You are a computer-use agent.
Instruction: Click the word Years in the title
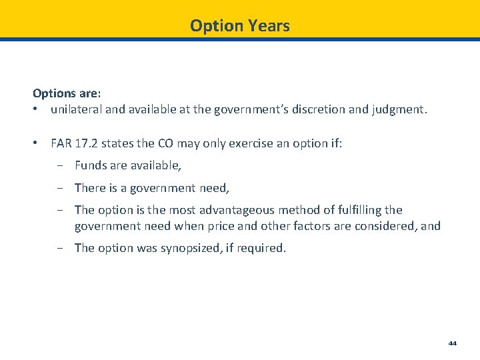coord(269,26)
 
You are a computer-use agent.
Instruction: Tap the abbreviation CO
coord(166,143)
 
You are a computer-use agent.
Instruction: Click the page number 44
coord(453,343)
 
